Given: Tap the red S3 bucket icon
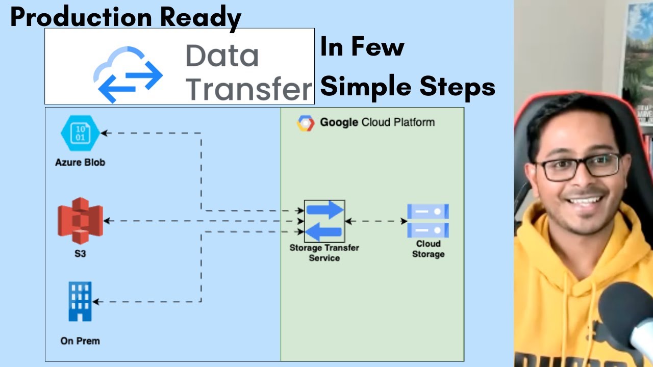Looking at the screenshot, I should click(x=80, y=221).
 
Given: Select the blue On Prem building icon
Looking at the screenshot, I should click(x=80, y=301).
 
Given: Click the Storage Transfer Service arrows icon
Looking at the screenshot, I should click(x=324, y=221).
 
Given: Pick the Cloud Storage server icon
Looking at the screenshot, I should click(x=428, y=221).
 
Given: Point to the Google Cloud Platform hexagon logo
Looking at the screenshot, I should click(x=306, y=123).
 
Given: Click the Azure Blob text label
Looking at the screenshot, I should click(x=80, y=163).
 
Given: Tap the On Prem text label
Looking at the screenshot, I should click(x=80, y=340).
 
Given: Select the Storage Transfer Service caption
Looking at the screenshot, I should click(x=324, y=253).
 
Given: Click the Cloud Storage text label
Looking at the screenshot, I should click(x=428, y=249).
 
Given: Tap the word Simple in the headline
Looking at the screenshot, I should click(x=367, y=87).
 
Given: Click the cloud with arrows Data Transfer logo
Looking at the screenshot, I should click(x=128, y=74).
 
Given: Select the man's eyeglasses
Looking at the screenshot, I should click(x=577, y=167).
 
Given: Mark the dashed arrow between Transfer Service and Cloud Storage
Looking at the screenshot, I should click(x=375, y=221).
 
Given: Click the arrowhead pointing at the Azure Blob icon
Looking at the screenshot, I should click(x=104, y=134).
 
